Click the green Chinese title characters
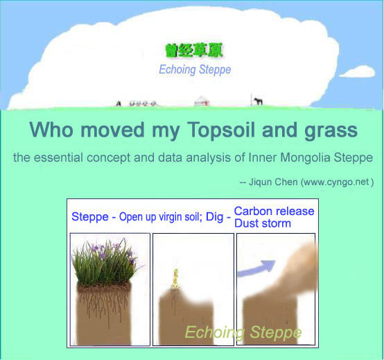pos(194,51)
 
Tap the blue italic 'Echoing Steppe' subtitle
pos(195,69)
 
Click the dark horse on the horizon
pos(258,101)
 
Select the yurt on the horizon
pos(202,101)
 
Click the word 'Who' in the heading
pos(51,129)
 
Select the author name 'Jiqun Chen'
pos(273,182)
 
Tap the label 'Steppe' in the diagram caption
pos(90,217)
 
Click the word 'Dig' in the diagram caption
pos(215,217)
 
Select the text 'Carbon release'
pos(274,211)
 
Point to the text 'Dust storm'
pos(263,223)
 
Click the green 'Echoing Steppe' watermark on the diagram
pos(243,332)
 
